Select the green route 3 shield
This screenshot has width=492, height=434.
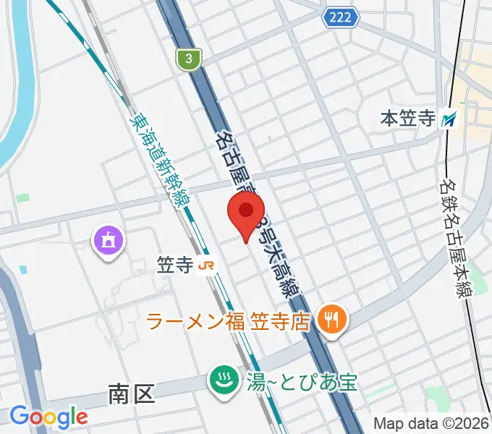pyautogui.click(x=188, y=59)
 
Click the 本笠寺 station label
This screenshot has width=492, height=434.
pyautogui.click(x=407, y=119)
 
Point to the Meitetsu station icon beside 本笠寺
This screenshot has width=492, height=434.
pyautogui.click(x=450, y=119)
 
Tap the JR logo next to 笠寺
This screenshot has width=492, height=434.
pyautogui.click(x=206, y=265)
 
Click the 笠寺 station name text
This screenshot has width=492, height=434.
pyautogui.click(x=174, y=265)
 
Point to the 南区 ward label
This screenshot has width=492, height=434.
pyautogui.click(x=132, y=394)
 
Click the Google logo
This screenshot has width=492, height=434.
pyautogui.click(x=48, y=417)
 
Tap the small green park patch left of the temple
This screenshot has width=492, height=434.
pyautogui.click(x=23, y=197)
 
